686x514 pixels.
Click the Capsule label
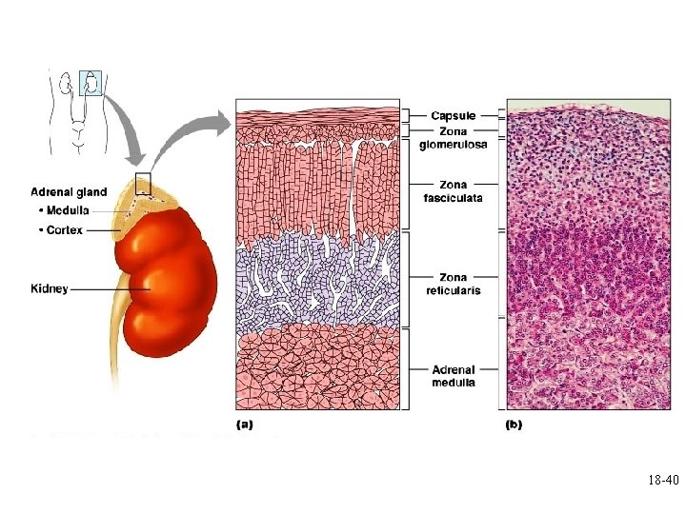click(x=453, y=116)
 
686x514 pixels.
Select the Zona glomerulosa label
click(x=453, y=138)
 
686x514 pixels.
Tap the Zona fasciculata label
click(x=453, y=191)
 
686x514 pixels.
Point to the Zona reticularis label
click(x=453, y=283)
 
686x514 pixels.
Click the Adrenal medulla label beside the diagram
click(x=453, y=376)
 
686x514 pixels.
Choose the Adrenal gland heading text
click(x=69, y=192)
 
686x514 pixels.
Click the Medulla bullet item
click(x=63, y=210)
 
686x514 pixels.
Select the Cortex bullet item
click(x=60, y=230)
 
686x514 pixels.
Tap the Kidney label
click(x=50, y=288)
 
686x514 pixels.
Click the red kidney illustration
click(x=167, y=286)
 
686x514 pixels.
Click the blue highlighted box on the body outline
click(x=90, y=83)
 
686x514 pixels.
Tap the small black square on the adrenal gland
click(x=143, y=183)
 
